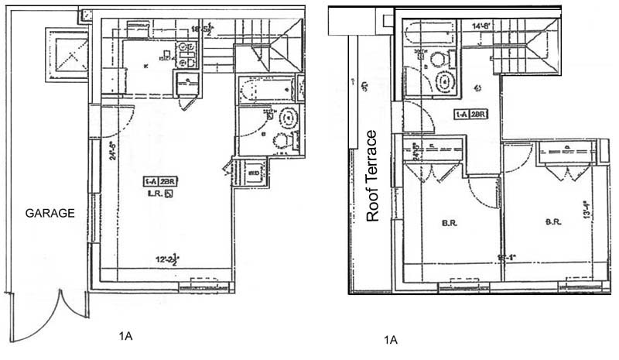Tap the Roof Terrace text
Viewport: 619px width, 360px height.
372,176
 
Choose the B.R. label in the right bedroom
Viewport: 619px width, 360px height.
552,221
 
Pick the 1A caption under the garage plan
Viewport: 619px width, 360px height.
126,335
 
